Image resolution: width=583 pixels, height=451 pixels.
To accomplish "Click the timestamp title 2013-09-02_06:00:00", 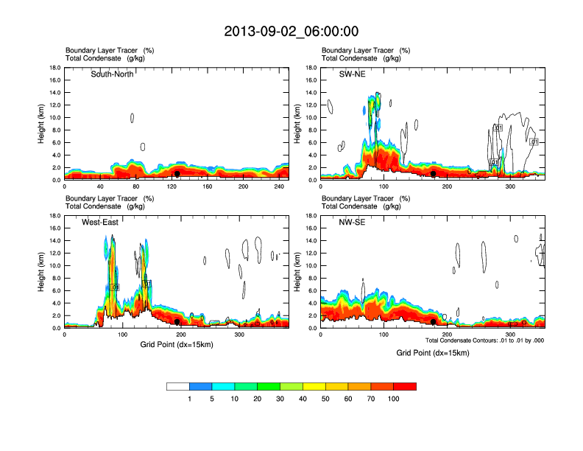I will tap(291, 31).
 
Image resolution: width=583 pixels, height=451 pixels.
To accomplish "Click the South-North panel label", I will tap(113, 74).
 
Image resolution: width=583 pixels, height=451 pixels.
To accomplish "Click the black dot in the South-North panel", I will tap(177, 174).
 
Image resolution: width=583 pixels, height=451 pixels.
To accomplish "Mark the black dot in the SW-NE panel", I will tap(434, 174).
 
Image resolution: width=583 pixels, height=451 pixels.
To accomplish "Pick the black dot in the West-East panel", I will tap(177, 322).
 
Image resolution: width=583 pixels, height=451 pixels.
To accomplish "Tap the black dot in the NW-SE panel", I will tap(434, 322).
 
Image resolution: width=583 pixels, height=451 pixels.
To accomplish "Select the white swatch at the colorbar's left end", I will tap(178, 386).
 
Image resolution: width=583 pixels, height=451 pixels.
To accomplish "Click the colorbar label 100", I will tap(394, 399).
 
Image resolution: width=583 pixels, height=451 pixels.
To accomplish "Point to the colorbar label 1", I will tap(189, 399).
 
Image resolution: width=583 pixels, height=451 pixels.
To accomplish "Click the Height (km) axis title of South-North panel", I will tap(42, 124).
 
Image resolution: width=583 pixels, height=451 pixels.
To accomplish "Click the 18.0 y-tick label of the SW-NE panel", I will tap(311, 68).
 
